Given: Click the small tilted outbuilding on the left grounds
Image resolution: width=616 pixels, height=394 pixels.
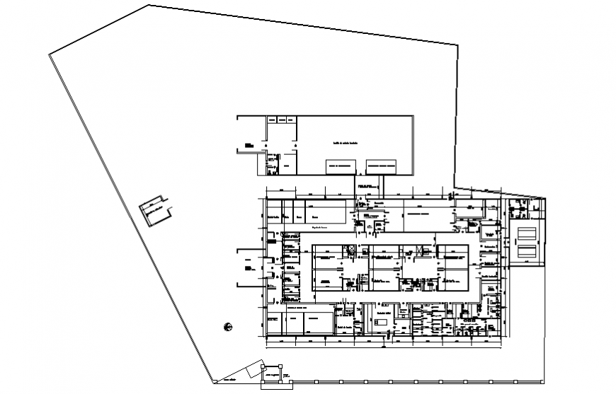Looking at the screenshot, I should pyautogui.click(x=154, y=209).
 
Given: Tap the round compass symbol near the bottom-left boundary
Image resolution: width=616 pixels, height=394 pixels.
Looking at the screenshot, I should pyautogui.click(x=227, y=326).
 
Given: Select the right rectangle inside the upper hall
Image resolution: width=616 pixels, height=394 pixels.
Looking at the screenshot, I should pyautogui.click(x=382, y=166).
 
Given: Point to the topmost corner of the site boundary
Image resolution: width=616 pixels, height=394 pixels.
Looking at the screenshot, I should pyautogui.click(x=149, y=6).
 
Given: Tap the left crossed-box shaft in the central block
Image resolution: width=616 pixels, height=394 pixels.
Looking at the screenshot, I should pyautogui.click(x=350, y=248).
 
